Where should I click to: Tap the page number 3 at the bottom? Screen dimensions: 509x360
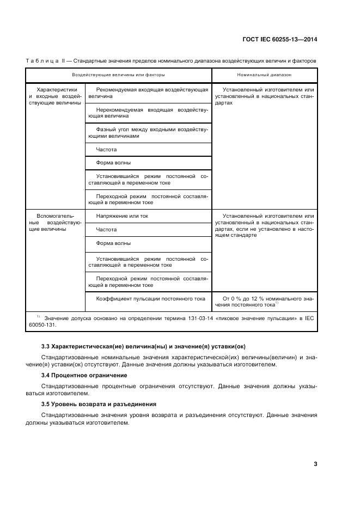coord(315,464)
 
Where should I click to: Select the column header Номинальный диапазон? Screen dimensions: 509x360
coord(264,75)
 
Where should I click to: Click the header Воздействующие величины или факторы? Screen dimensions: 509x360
coord(118,75)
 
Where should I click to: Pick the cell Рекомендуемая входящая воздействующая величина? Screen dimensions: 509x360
coord(148,93)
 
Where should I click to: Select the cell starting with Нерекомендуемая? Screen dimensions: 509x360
coord(148,113)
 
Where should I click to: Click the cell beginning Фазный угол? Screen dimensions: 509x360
coord(148,133)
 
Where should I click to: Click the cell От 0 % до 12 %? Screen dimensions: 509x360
coord(264,302)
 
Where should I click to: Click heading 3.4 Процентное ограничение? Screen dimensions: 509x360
coord(84,375)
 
